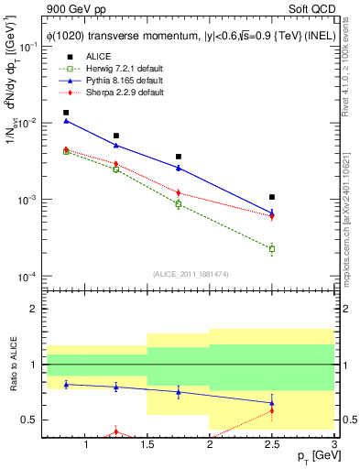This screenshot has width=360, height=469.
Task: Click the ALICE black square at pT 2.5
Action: coord(272,197)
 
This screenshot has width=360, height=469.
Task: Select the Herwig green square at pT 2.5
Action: coord(272,248)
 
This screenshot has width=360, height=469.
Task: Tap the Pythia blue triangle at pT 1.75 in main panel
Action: coord(179,168)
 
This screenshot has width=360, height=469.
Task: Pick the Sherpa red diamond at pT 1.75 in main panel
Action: coord(179,192)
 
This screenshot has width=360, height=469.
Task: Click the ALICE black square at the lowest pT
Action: coord(66,113)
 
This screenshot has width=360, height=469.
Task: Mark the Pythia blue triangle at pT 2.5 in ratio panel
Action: coord(272,402)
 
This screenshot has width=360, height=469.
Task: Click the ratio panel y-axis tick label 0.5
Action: coord(29,420)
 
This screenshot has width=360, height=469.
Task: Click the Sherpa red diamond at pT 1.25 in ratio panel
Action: coord(115,431)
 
